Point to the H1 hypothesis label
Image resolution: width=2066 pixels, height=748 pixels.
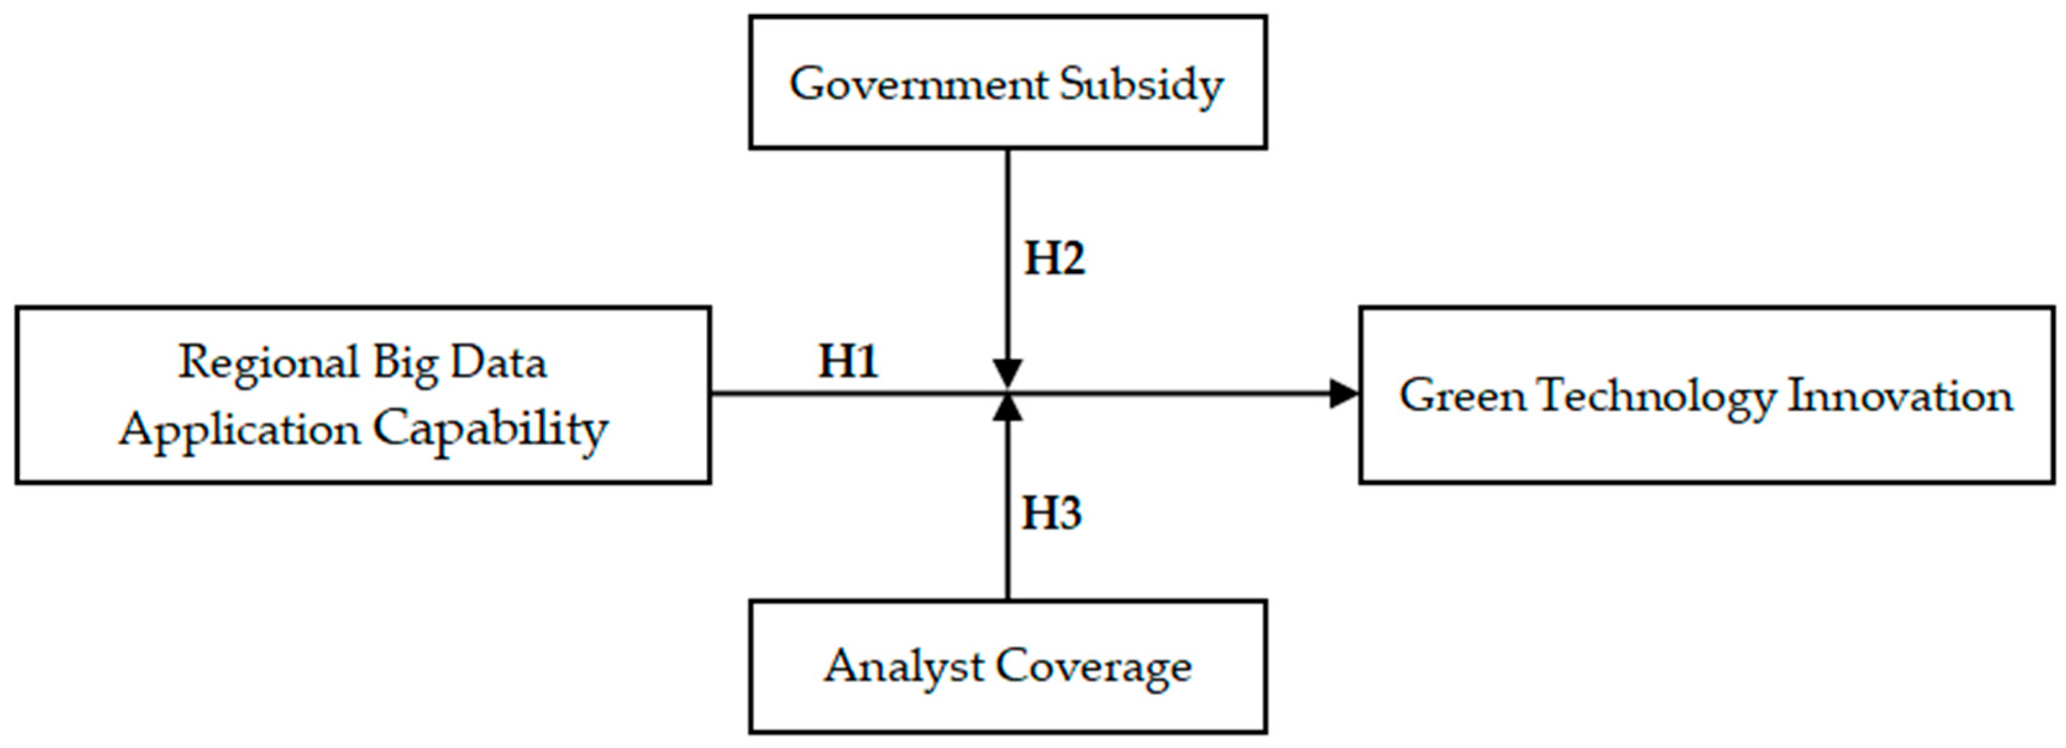tap(849, 361)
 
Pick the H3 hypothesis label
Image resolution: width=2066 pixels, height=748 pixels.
tap(1051, 514)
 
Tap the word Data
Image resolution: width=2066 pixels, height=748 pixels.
tap(498, 363)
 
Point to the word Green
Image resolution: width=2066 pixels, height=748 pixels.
tap(1462, 397)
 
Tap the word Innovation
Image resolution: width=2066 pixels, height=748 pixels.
tap(1900, 397)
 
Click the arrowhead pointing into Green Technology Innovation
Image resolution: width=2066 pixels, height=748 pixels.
tap(1344, 393)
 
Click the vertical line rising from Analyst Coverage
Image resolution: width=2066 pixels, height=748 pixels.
tap(1008, 513)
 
